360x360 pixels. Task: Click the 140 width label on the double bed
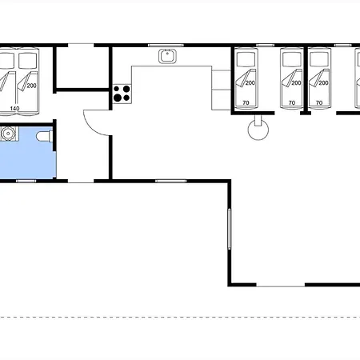(14, 108)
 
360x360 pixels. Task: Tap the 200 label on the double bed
(31, 86)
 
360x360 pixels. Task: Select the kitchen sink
(167, 56)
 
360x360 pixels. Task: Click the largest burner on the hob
(118, 98)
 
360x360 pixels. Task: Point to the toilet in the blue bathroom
(45, 136)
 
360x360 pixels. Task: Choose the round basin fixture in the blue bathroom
(8, 134)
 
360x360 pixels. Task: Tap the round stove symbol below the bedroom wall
(258, 130)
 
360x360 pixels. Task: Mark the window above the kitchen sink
(166, 46)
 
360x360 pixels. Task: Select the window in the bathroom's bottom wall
(26, 181)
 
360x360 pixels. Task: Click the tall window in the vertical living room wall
(229, 229)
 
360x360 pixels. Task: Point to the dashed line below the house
(180, 318)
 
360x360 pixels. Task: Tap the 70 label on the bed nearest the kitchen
(246, 102)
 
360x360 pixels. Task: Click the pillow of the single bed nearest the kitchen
(246, 59)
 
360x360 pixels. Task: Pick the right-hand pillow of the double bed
(28, 61)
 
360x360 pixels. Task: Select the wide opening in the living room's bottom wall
(281, 286)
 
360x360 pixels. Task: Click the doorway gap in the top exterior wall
(81, 45)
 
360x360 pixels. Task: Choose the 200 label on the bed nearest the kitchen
(250, 83)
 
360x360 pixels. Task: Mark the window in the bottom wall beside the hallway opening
(171, 181)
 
